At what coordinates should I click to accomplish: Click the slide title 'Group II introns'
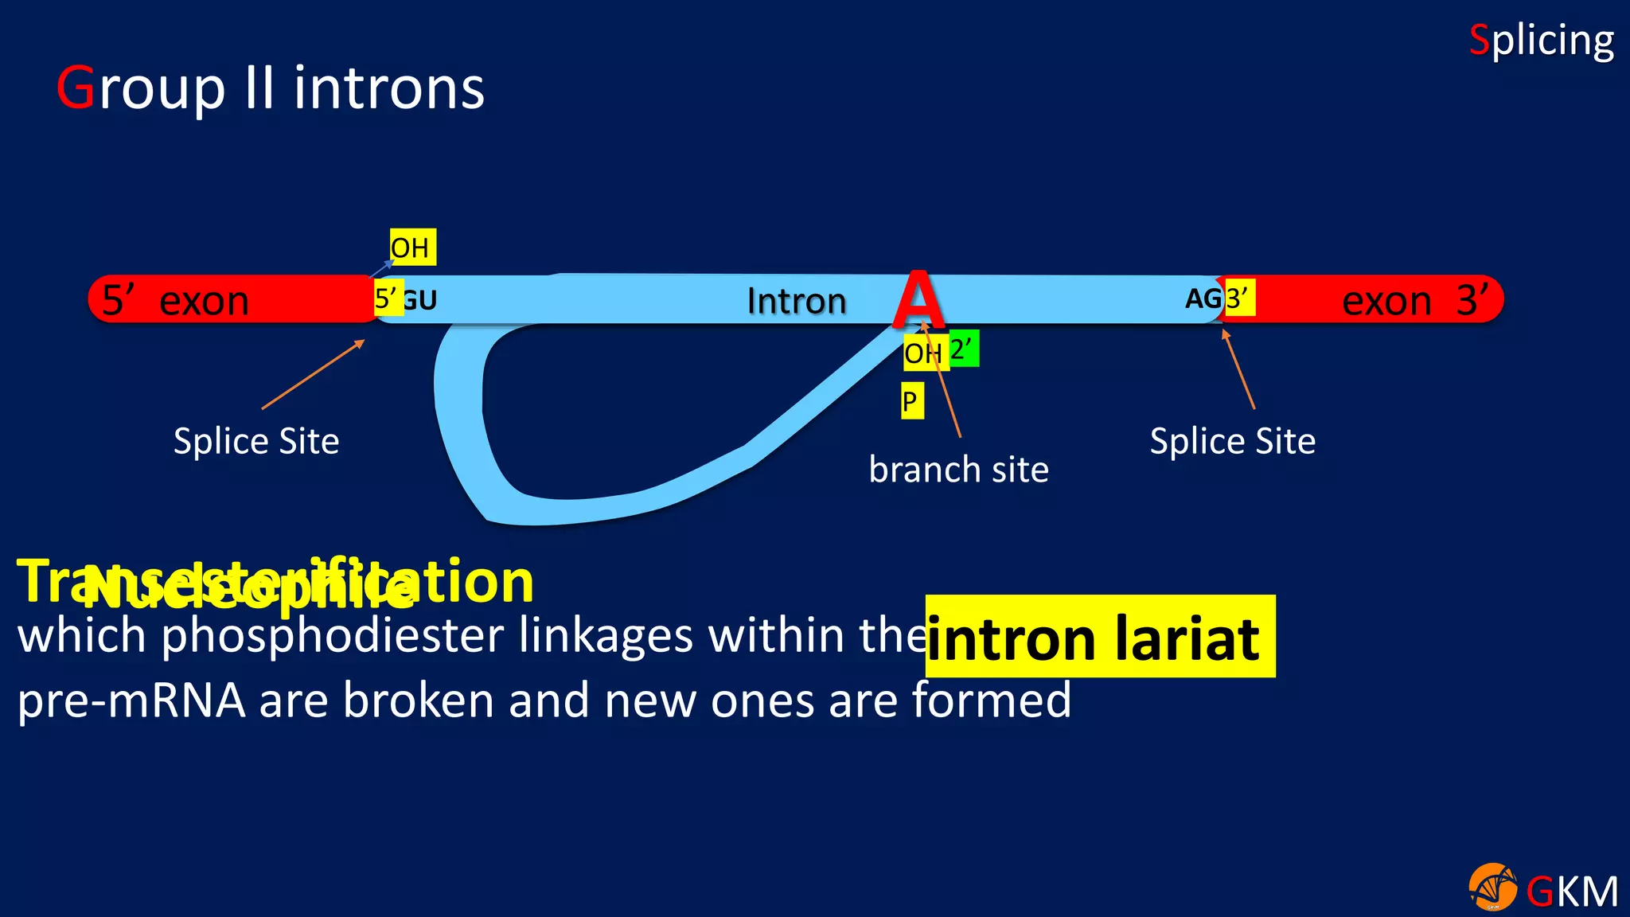[x=271, y=88]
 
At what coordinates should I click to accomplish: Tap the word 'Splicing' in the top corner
[x=1541, y=41]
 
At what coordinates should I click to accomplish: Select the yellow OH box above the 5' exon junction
[x=411, y=248]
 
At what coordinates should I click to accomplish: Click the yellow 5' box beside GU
[x=388, y=299]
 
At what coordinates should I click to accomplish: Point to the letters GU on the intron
[x=420, y=300]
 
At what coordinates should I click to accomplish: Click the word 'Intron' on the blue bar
[x=796, y=301]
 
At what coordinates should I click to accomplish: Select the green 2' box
[x=963, y=349]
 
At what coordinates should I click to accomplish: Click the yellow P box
[x=911, y=401]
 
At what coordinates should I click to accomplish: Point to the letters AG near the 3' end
[x=1203, y=299]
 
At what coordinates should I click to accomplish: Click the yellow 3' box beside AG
[x=1238, y=299]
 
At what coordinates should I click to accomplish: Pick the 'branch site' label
[x=958, y=470]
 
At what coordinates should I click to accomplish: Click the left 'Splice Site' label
[x=256, y=441]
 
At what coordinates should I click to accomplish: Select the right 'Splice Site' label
[x=1232, y=441]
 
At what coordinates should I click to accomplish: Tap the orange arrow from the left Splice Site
[x=313, y=375]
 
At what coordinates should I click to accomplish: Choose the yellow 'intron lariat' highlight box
[x=1100, y=636]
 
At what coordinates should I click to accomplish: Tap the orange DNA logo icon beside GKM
[x=1492, y=887]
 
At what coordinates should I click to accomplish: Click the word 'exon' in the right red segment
[x=1386, y=301]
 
